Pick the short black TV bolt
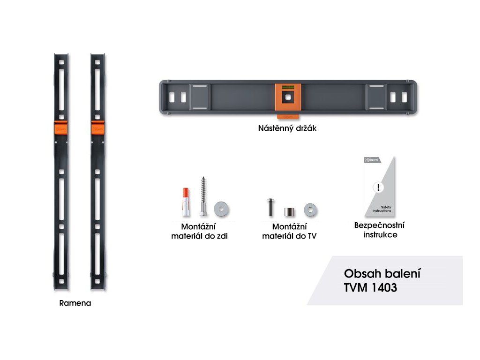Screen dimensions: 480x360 click(x=270, y=207)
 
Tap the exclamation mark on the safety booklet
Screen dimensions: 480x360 click(x=378, y=188)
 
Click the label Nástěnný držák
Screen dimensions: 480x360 click(x=287, y=128)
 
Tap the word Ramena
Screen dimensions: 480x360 click(x=75, y=303)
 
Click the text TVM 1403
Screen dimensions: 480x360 click(x=370, y=288)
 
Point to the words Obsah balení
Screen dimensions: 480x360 click(x=382, y=273)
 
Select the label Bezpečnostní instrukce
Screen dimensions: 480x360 click(x=380, y=230)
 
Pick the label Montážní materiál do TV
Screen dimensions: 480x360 click(x=289, y=232)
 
